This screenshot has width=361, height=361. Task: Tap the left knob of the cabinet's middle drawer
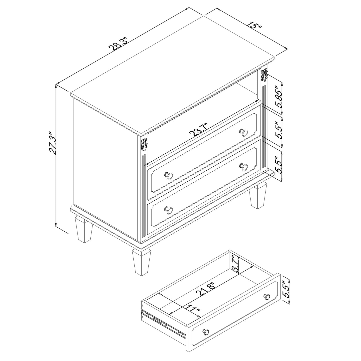coord(169,176)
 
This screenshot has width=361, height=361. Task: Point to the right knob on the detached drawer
coord(267,297)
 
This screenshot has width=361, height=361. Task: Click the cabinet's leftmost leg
coord(83,230)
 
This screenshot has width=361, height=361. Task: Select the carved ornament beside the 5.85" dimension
coord(264,75)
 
